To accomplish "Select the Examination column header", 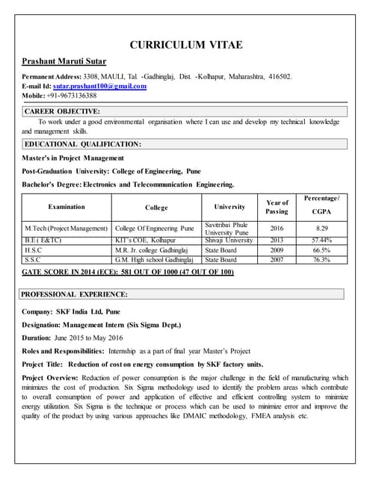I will [x=67, y=207].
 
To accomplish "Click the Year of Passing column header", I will [x=277, y=207].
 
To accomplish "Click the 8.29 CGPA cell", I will [x=322, y=227].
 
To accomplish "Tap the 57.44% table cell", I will [x=322, y=240].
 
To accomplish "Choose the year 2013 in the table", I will [x=277, y=240].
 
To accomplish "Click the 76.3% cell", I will [x=322, y=259].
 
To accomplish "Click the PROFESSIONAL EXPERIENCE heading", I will [x=75, y=294].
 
